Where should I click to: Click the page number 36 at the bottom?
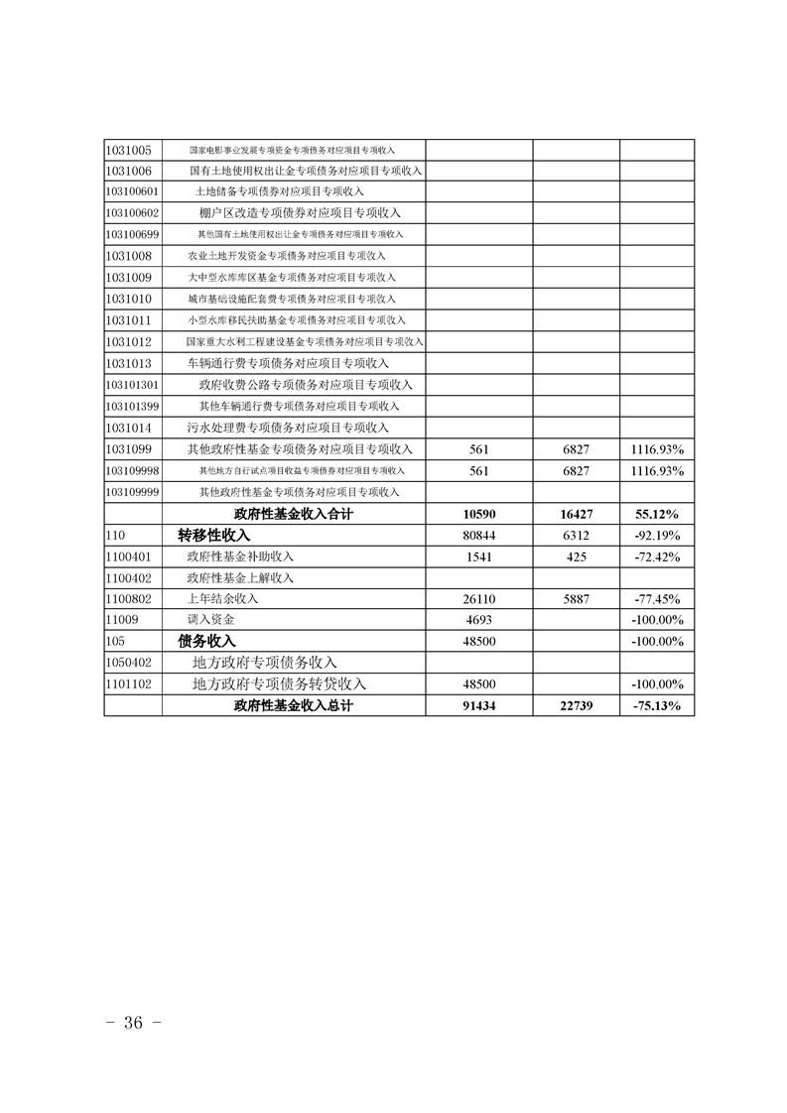coord(133,1023)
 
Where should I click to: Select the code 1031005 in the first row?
coord(128,150)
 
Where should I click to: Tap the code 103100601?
coord(132,191)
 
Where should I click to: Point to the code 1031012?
coord(128,341)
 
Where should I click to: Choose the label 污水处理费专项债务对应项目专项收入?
coord(288,428)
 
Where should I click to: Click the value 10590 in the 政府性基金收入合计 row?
coord(479,514)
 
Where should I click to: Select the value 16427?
coord(576,514)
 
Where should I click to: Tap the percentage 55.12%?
coord(656,514)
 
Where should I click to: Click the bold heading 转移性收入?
coord(214,535)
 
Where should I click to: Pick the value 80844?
coord(479,536)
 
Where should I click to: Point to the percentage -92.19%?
coord(656,536)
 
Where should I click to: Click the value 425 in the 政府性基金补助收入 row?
coord(576,556)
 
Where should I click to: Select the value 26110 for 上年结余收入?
coord(479,599)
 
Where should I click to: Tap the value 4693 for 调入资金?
coord(479,620)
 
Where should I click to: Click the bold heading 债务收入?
coord(206,641)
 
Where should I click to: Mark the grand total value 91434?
coord(479,706)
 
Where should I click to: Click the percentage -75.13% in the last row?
coord(656,706)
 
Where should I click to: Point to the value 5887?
coord(576,599)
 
